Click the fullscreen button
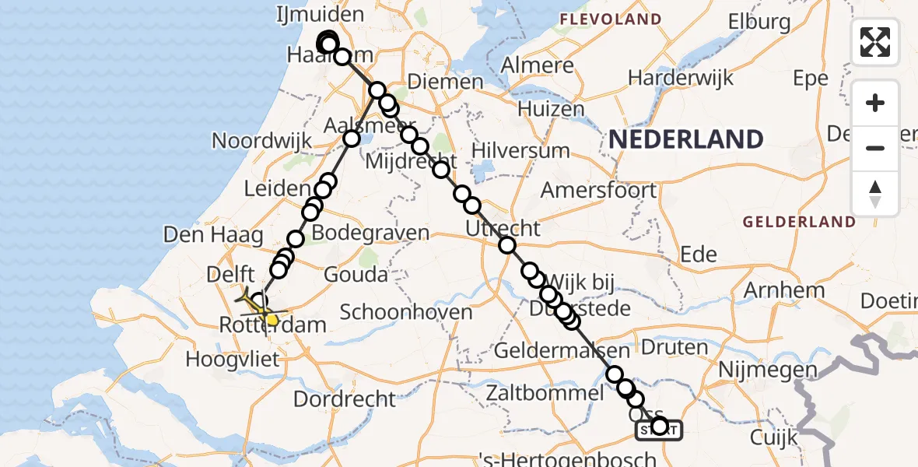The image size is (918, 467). [875, 41]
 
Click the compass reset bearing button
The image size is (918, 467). [875, 194]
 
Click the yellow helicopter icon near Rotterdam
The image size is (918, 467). [261, 310]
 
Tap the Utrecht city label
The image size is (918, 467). [503, 229]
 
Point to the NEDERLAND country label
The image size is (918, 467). [685, 140]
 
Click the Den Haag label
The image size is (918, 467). [194, 233]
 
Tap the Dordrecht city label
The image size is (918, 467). [345, 399]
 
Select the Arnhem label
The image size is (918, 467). [784, 291]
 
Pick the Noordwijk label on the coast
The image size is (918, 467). [262, 142]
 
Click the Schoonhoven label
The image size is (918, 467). [406, 312]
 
